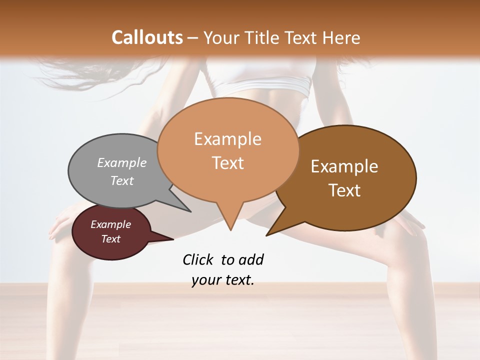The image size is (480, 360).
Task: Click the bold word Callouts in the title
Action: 147,37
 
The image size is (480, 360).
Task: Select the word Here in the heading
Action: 341,37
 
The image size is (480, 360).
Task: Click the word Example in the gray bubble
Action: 122,162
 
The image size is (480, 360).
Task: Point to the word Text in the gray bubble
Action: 122,180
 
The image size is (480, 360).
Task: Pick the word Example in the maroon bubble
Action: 110,224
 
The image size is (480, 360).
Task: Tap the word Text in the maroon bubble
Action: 110,239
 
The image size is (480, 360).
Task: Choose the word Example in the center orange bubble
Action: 227,139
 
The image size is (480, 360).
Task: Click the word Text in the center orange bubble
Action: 227,163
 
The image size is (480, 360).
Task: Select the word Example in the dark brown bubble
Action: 344,166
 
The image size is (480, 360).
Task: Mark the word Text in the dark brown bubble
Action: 344,190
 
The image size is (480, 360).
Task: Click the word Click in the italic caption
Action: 198,259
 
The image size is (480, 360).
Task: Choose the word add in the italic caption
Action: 251,259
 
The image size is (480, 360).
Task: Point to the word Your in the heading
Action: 221,37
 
